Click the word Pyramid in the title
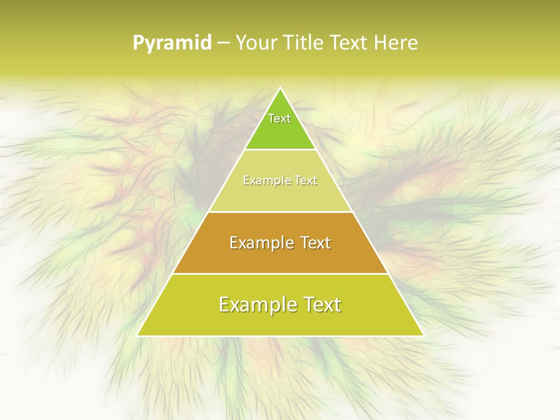tap(171, 43)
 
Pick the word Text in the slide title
tap(350, 43)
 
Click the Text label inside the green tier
tap(279, 118)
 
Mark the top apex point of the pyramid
tap(280, 88)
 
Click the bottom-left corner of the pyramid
tap(138, 335)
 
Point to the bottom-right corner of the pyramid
tap(423, 335)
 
